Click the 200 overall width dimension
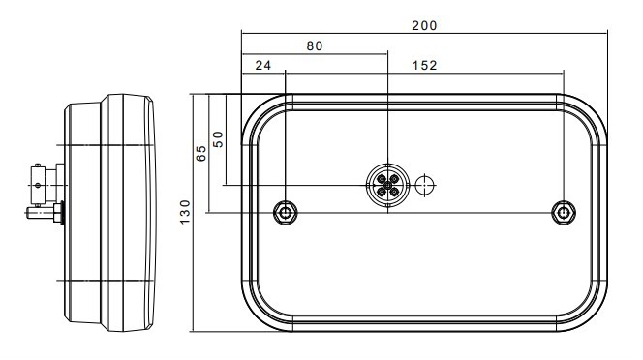pos(424,26)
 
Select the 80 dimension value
pos(315,45)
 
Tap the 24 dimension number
pos(262,65)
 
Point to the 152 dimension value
pos(424,65)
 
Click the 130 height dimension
pos(185,212)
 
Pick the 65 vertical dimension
pos(201,153)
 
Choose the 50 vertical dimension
pos(218,139)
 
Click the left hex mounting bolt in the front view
pos(286,213)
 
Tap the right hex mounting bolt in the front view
pos(564,213)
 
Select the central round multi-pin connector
pos(387,185)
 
